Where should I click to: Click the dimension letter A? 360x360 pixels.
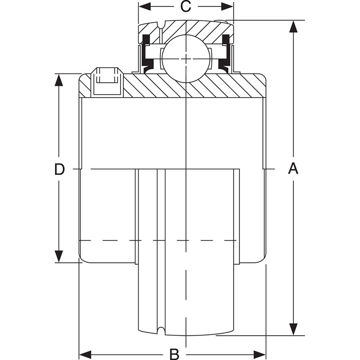(x=293, y=169)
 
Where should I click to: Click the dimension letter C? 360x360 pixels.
(x=186, y=6)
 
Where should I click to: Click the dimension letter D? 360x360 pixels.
(x=59, y=169)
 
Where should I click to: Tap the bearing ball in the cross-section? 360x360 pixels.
(x=186, y=58)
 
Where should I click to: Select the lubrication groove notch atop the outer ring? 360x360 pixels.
(x=161, y=25)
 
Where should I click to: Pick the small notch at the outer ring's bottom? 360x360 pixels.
(x=161, y=330)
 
